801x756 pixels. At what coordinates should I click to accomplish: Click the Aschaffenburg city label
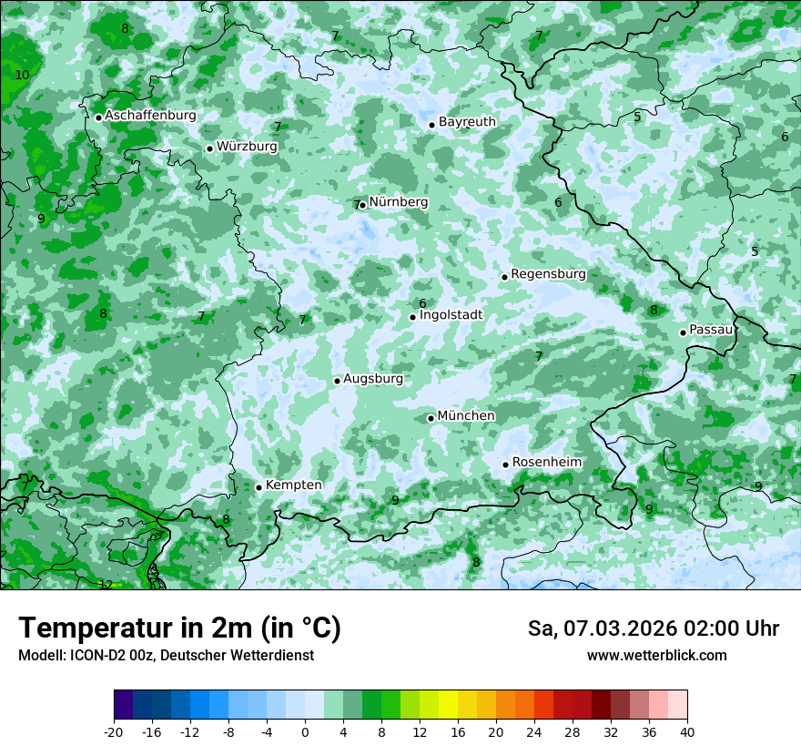pyautogui.click(x=150, y=116)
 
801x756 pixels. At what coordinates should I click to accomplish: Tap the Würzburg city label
pyautogui.click(x=247, y=147)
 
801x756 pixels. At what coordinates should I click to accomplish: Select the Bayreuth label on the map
pyautogui.click(x=467, y=122)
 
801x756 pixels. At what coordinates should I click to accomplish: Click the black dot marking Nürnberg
pyautogui.click(x=362, y=205)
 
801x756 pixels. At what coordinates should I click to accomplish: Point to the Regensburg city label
pyautogui.click(x=548, y=274)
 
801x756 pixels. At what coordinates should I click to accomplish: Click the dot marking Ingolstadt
pyautogui.click(x=412, y=317)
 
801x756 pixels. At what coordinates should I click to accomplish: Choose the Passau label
pyautogui.click(x=711, y=330)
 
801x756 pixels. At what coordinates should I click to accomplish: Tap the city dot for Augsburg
pyautogui.click(x=337, y=381)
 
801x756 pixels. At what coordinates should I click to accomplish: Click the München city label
pyautogui.click(x=466, y=416)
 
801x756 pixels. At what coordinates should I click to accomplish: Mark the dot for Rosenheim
pyautogui.click(x=505, y=465)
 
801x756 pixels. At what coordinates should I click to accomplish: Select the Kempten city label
pyautogui.click(x=293, y=485)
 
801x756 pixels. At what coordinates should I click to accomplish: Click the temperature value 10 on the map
pyautogui.click(x=22, y=75)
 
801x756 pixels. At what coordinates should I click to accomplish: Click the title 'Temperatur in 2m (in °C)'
pyautogui.click(x=179, y=628)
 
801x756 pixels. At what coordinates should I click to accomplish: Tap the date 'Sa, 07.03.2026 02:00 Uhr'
pyautogui.click(x=653, y=628)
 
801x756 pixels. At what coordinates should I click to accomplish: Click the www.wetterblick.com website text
pyautogui.click(x=656, y=656)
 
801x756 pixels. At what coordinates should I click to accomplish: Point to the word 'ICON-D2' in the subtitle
pyautogui.click(x=96, y=656)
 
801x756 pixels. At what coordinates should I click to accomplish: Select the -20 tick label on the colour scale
pyautogui.click(x=114, y=731)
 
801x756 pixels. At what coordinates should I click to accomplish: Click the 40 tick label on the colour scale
pyautogui.click(x=687, y=731)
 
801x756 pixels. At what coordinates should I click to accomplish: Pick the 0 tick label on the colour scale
pyautogui.click(x=305, y=731)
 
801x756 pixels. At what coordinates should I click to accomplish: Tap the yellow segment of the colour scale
pyautogui.click(x=448, y=705)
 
